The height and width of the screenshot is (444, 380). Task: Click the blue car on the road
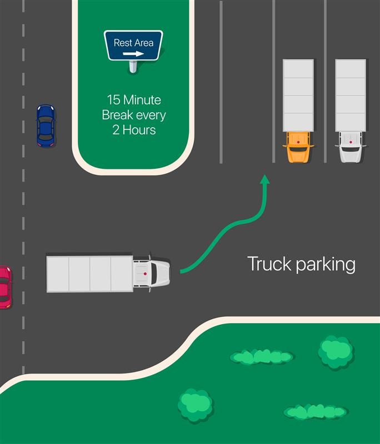[x=46, y=126]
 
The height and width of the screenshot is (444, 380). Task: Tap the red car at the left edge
[x=4, y=287]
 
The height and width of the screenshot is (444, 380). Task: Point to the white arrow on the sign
[x=133, y=54]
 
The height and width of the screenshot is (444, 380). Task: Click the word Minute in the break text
[x=142, y=100]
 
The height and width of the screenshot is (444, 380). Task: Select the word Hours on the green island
[x=142, y=130]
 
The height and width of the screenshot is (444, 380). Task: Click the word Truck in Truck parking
[x=269, y=264]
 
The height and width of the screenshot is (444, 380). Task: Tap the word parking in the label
[x=326, y=265]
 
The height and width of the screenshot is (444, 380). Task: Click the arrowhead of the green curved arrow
[x=266, y=179]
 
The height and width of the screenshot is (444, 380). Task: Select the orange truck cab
[x=298, y=147]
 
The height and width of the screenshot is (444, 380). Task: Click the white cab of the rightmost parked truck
[x=351, y=148]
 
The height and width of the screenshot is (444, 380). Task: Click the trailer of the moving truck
[x=90, y=274]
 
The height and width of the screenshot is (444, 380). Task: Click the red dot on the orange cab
[x=298, y=143]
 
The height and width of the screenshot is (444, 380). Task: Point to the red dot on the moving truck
[x=146, y=274]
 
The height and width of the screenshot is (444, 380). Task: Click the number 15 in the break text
[x=113, y=100]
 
